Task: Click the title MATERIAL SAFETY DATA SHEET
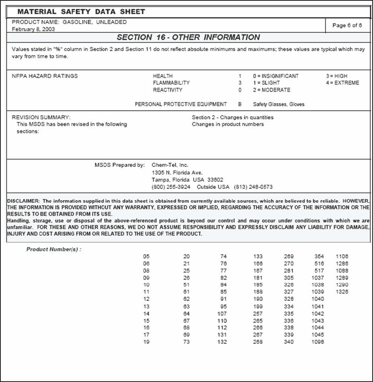pyautogui.click(x=81, y=12)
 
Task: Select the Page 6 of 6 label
pyautogui.click(x=347, y=25)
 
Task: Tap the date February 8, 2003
pyautogui.click(x=34, y=29)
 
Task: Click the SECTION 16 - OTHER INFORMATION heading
pyautogui.click(x=188, y=37)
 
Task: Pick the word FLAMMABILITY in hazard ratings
pyautogui.click(x=171, y=83)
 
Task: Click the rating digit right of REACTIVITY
pyautogui.click(x=240, y=90)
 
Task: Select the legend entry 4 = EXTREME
pyautogui.click(x=342, y=83)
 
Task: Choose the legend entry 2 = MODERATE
pyautogui.click(x=271, y=90)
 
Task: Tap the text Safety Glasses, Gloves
pyautogui.click(x=279, y=104)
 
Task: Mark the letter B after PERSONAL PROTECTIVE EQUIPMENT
pyautogui.click(x=240, y=104)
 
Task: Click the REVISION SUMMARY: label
pyautogui.click(x=41, y=117)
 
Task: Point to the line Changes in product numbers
pyautogui.click(x=227, y=125)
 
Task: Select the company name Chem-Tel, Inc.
pyautogui.click(x=170, y=165)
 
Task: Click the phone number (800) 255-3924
pyautogui.click(x=171, y=187)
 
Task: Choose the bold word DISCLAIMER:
pyautogui.click(x=23, y=201)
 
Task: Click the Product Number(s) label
pyautogui.click(x=54, y=249)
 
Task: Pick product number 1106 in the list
pyautogui.click(x=342, y=256)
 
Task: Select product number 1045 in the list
pyautogui.click(x=318, y=335)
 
